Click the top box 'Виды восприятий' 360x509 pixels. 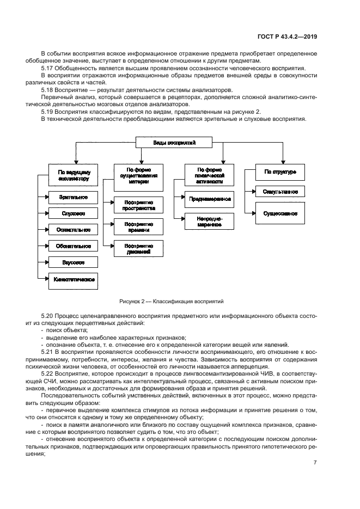[174, 143]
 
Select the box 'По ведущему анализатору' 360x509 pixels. [73, 174]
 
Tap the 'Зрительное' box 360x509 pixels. [73, 197]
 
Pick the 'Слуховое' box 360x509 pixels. [73, 213]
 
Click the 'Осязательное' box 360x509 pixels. [73, 229]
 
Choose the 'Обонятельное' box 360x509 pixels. [73, 246]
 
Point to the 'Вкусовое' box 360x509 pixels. [73, 262]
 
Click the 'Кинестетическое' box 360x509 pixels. [73, 279]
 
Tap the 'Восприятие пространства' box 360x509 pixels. [138, 205]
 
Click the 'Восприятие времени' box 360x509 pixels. [138, 226]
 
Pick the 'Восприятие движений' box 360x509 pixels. [138, 248]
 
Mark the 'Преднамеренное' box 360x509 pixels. [210, 199]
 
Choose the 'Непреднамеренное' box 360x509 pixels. [210, 221]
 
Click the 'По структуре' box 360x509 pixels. [280, 171]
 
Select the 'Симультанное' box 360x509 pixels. [280, 192]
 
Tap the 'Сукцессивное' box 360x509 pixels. [280, 213]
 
